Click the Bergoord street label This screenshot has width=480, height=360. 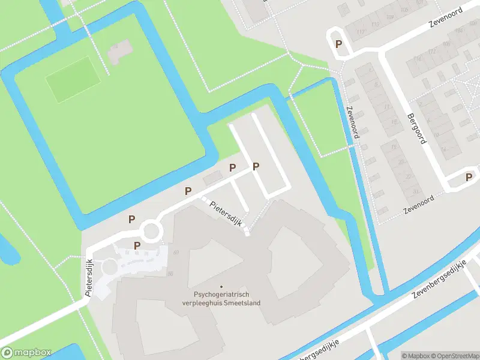pos(416,129)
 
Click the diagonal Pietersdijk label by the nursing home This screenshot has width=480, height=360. pos(226,213)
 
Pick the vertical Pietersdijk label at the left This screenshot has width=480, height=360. pos(89,278)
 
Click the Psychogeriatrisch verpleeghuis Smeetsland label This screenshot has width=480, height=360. pos(221,299)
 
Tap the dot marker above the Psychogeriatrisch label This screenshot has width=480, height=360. pos(221,287)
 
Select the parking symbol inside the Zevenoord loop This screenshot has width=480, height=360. pos(339,44)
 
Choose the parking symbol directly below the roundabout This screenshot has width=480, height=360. pos(137,245)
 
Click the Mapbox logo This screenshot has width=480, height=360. pos(27,353)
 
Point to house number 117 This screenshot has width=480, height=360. pos(360,32)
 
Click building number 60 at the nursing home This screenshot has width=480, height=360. pos(176,253)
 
